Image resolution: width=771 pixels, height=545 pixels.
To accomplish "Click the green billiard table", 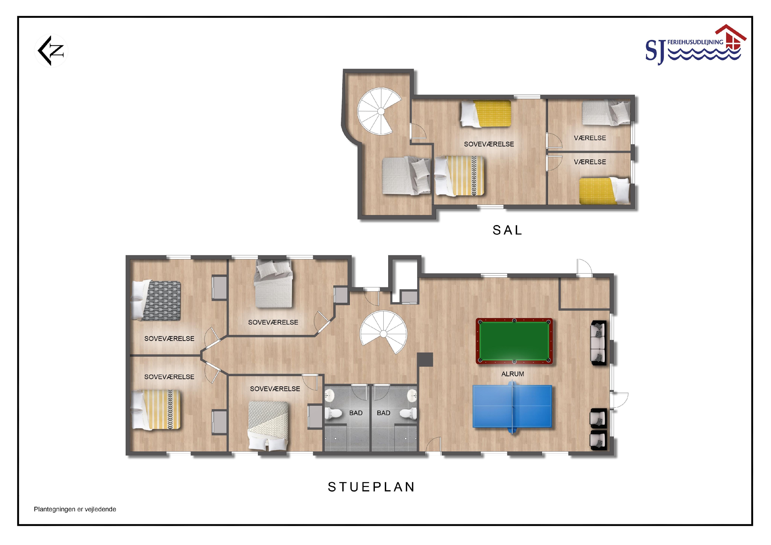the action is (514, 341).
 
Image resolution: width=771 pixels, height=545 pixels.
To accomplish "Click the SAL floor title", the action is (507, 230).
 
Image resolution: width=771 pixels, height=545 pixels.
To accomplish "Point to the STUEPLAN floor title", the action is (371, 487).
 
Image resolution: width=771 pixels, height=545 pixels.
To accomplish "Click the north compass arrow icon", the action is (51, 51).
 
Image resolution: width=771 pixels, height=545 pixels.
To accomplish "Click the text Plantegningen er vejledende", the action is (75, 509).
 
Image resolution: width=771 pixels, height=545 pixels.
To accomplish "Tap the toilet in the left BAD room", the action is (333, 413).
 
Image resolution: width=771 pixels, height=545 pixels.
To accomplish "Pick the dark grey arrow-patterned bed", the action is (156, 300).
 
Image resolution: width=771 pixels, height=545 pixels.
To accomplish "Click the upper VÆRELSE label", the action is (590, 138).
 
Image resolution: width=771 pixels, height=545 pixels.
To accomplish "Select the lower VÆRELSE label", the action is (590, 162).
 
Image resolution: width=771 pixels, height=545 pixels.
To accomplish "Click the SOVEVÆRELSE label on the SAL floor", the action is (489, 144).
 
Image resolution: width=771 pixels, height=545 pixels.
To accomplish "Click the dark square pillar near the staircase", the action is (425, 359).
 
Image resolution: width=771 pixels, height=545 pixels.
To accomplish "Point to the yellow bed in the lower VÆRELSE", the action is (605, 191).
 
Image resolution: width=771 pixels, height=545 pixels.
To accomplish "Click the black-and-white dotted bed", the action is (268, 426).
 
